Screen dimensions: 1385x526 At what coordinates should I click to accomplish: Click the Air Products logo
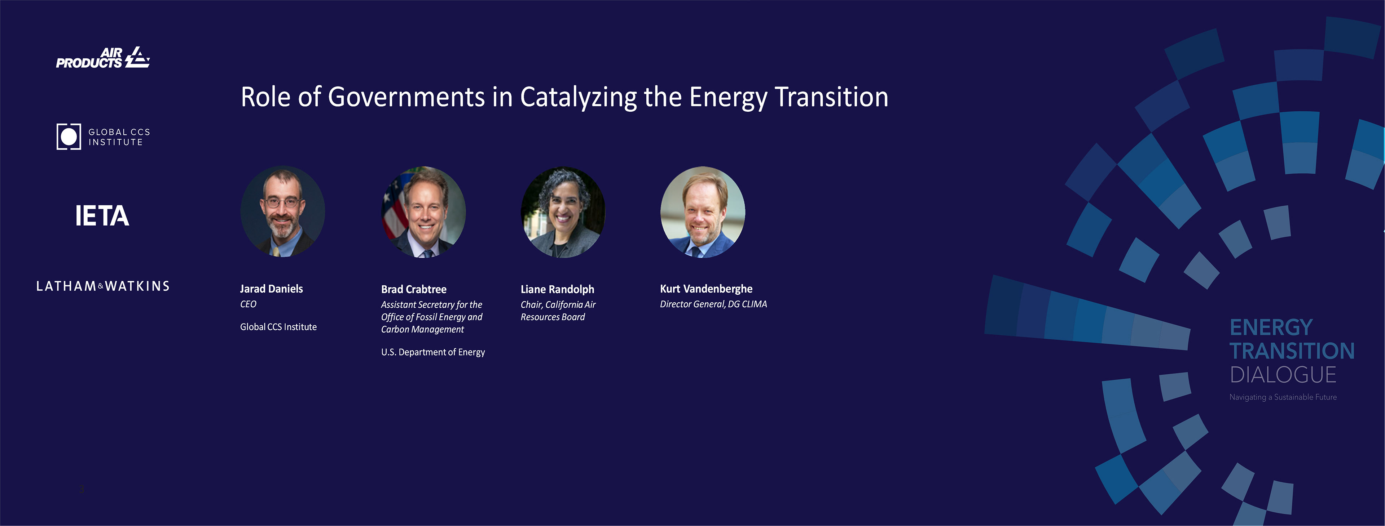[x=103, y=58]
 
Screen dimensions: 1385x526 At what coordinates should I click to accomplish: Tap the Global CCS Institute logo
[x=103, y=137]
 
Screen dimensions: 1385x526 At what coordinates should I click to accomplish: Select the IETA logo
[x=102, y=215]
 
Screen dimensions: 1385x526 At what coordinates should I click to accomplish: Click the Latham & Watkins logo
[x=103, y=286]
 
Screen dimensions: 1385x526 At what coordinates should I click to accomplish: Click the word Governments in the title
[x=406, y=97]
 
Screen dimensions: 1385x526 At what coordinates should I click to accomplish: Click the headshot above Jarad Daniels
[x=282, y=212]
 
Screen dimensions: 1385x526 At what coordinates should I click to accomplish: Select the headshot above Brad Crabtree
[x=424, y=212]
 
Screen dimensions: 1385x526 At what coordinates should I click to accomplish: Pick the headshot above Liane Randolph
[x=563, y=212]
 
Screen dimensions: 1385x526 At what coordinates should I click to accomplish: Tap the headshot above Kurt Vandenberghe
[x=703, y=212]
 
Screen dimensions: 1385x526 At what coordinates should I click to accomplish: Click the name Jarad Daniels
[x=272, y=289]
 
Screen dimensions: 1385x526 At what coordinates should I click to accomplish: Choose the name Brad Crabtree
[x=413, y=289]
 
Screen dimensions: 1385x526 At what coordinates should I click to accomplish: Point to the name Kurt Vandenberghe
[x=706, y=289]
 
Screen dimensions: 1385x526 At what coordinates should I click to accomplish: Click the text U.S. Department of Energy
[x=433, y=352]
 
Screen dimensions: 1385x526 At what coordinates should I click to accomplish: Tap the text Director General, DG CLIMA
[x=713, y=304]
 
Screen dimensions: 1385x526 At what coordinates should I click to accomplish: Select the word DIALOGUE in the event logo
[x=1283, y=374]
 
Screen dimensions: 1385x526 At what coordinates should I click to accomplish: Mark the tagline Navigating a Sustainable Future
[x=1283, y=397]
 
